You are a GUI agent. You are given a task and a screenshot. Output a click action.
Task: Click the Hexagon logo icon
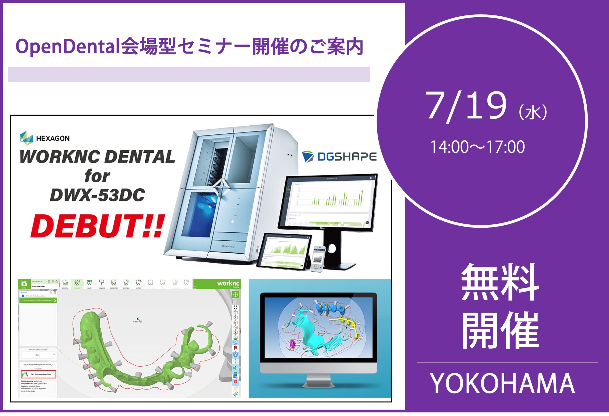pyautogui.click(x=26, y=138)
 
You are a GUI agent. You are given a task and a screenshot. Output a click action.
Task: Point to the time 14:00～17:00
pyautogui.click(x=477, y=147)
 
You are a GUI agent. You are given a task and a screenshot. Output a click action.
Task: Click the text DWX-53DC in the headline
pyautogui.click(x=97, y=195)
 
